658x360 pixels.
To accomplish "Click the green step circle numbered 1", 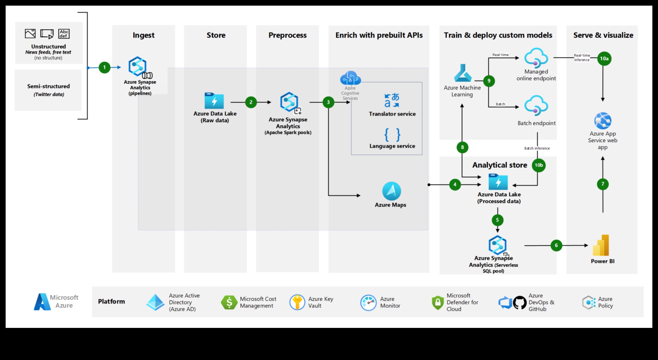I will click(105, 67).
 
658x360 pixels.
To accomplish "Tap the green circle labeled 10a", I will click(604, 59).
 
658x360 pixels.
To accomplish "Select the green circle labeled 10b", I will click(539, 165).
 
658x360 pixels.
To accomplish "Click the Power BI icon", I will click(601, 245).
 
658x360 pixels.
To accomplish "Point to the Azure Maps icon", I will click(392, 191).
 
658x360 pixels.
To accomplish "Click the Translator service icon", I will click(392, 100).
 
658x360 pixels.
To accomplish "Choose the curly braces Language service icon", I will click(392, 135).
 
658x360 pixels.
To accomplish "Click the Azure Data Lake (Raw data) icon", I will click(214, 101).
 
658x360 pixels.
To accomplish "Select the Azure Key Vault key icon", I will click(297, 302).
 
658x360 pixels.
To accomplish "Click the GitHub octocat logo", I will click(520, 303).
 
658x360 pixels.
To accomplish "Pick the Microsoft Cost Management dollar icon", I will click(229, 303).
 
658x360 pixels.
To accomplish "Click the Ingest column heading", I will click(144, 35).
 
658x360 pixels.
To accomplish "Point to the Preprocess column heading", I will click(287, 35).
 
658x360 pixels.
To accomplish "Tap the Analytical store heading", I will click(499, 165).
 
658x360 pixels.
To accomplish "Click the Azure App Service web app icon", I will click(603, 121).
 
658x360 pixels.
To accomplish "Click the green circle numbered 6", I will click(556, 245).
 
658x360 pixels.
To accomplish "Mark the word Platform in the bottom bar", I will click(112, 301).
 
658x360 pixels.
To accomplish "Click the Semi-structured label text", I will click(48, 86).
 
